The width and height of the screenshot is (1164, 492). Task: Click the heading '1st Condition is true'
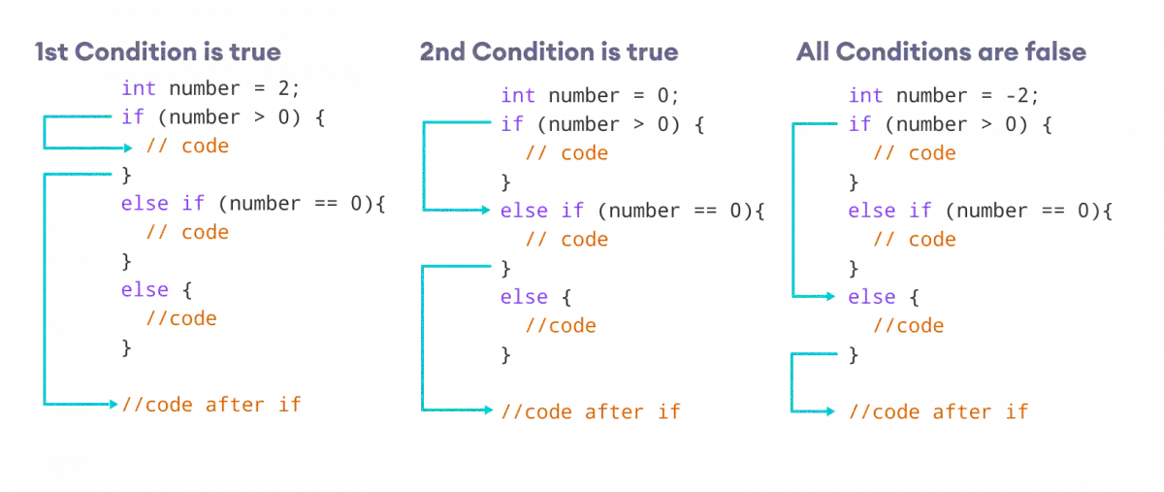coord(158,51)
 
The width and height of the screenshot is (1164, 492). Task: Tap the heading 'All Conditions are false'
coord(939,52)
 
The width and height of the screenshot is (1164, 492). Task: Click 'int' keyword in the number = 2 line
coord(139,89)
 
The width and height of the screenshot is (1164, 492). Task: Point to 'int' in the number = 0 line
coord(518,96)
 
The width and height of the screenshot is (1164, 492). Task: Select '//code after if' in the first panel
coord(211,404)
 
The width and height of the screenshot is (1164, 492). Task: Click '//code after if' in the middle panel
coord(591,411)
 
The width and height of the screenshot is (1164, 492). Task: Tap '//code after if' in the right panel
coord(938,411)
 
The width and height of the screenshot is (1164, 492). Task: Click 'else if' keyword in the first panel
coord(163,205)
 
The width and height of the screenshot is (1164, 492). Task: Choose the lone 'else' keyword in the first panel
coord(145,290)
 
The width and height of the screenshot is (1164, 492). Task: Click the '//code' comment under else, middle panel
coord(562,326)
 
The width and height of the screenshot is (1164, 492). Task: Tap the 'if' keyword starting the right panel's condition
coord(859,124)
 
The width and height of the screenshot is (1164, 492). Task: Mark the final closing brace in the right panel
coord(853,355)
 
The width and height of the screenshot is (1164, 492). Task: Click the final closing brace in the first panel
coord(125,345)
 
